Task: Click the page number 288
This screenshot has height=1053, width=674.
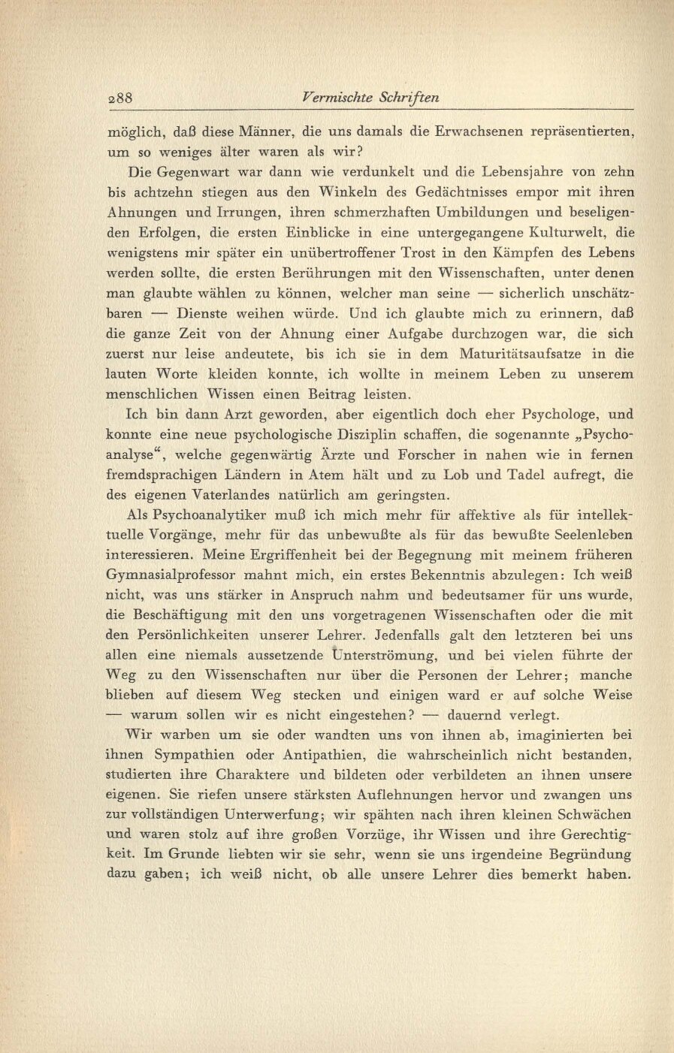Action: pos(120,98)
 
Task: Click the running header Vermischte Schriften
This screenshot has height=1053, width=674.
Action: pos(369,98)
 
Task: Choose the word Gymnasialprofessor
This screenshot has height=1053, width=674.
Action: pos(180,575)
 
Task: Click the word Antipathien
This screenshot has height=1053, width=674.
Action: pos(316,754)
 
